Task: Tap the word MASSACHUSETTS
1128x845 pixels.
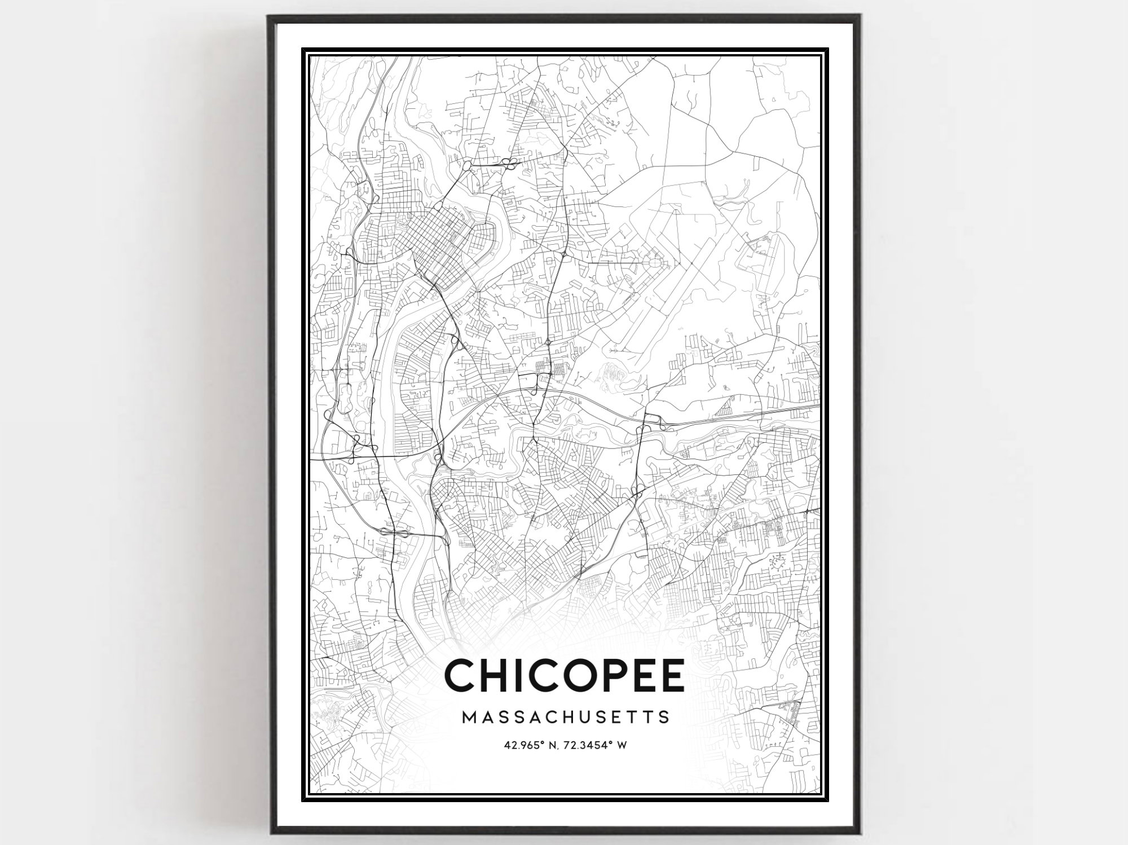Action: pos(566,717)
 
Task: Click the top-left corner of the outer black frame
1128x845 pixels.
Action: pos(268,16)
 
